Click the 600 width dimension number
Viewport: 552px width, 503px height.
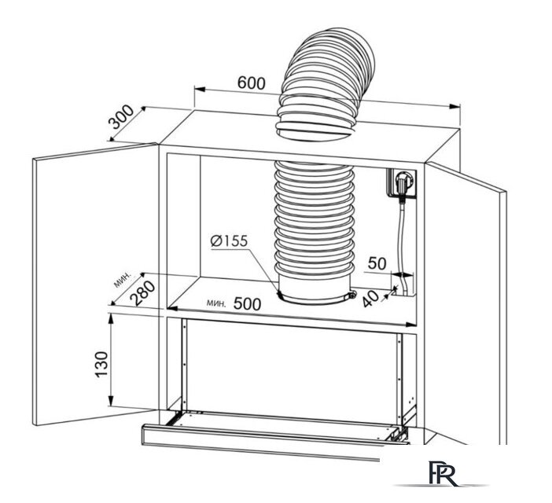click(x=251, y=83)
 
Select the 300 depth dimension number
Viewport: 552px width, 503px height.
click(x=121, y=117)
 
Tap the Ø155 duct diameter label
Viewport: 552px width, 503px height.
click(x=229, y=241)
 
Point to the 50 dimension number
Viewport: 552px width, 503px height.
click(x=377, y=263)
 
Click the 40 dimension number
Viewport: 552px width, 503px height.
click(x=370, y=299)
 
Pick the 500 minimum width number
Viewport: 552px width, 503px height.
click(x=248, y=303)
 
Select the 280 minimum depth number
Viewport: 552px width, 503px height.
click(x=142, y=292)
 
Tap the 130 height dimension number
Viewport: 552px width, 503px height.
click(x=101, y=364)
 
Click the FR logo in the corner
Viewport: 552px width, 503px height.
click(x=443, y=473)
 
